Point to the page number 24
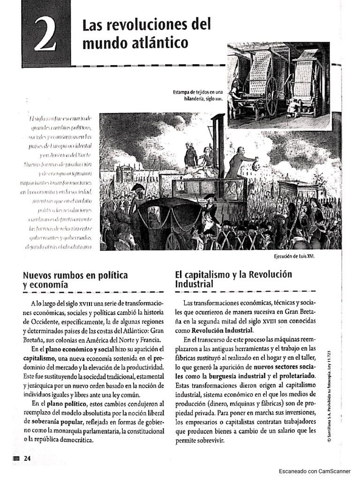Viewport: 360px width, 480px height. click(x=27, y=458)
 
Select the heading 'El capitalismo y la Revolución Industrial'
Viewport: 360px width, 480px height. click(x=233, y=279)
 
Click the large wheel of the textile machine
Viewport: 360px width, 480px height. click(x=271, y=97)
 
